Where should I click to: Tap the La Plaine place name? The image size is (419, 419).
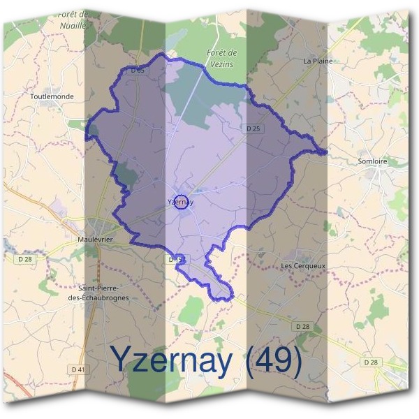[x=318, y=61]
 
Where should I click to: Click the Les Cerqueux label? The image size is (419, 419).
[x=303, y=265]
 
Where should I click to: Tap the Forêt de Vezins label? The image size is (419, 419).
[x=223, y=57]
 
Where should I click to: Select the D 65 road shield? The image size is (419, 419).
[x=138, y=71]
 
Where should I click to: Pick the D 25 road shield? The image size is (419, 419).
[x=253, y=128]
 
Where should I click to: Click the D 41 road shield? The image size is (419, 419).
[x=78, y=369]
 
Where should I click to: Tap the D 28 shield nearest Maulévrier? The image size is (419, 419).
[x=26, y=258]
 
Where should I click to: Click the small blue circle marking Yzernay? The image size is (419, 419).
[x=182, y=202]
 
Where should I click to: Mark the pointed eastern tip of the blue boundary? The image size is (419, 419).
[x=326, y=152]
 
